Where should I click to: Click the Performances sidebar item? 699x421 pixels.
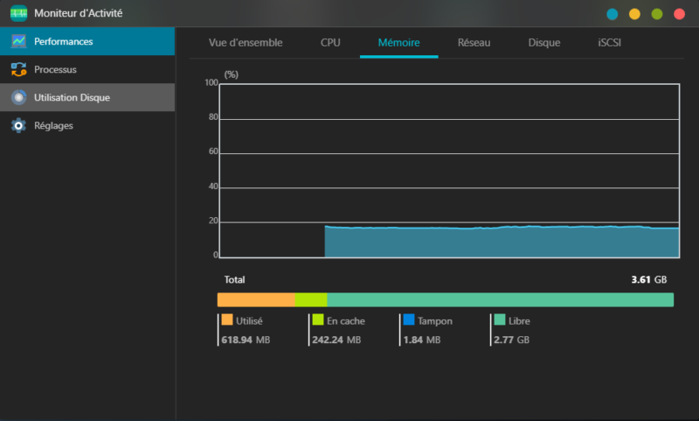(x=63, y=41)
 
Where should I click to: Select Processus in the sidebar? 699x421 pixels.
(x=54, y=69)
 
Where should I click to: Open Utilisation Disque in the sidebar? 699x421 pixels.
(x=72, y=97)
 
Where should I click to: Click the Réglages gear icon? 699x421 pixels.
(x=18, y=125)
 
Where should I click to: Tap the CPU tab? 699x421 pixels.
(x=330, y=42)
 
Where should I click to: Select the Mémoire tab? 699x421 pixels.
(x=398, y=42)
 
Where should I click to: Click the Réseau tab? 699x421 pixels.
(x=474, y=42)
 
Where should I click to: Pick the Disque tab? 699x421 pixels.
(x=544, y=42)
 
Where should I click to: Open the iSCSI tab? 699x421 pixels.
(x=610, y=42)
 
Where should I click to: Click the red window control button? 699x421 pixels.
(x=680, y=14)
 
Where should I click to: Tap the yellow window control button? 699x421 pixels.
(x=634, y=14)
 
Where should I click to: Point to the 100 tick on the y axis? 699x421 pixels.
(x=211, y=83)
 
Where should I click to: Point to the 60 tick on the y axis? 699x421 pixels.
(x=212, y=152)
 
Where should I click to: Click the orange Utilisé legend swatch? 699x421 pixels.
(x=227, y=320)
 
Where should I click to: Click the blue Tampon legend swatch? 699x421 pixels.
(x=409, y=320)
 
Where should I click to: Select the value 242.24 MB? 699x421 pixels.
(x=336, y=340)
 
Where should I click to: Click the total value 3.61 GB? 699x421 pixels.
(x=648, y=280)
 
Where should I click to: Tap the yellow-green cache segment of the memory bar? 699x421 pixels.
(x=310, y=300)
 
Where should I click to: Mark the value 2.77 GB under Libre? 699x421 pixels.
(x=511, y=340)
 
